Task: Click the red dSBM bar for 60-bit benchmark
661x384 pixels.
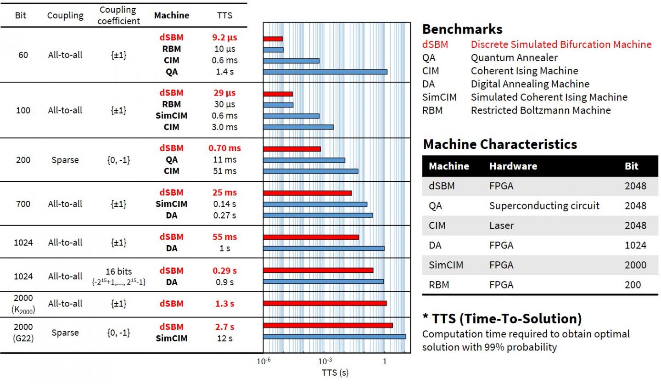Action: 273,39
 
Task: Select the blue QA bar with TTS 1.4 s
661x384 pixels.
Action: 325,72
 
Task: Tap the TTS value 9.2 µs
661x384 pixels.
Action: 224,38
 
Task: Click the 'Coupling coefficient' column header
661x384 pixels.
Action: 119,15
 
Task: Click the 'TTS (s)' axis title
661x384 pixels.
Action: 335,373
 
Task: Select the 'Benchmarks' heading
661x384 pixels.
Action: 462,29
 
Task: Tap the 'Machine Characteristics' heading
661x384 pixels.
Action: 500,144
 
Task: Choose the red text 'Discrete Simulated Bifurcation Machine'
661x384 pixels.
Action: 561,45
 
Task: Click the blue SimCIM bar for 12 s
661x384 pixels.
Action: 334,336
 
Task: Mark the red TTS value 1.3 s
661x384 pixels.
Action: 224,304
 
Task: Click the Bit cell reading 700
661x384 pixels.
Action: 23,203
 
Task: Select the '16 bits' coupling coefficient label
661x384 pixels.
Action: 119,271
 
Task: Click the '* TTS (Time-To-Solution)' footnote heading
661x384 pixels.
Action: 502,319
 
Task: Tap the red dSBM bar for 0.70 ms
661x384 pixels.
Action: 292,149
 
